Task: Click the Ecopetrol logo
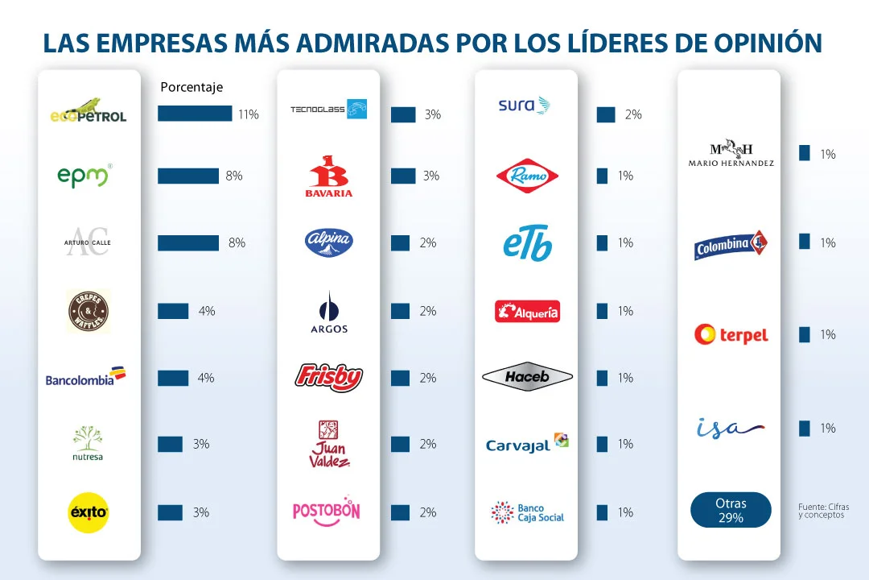[x=88, y=110]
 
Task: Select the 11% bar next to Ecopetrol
[x=195, y=114]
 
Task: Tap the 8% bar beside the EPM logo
[x=188, y=176]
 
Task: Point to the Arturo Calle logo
[x=87, y=242]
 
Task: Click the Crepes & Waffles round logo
[x=88, y=311]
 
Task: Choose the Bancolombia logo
[x=86, y=377]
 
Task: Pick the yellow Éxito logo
[x=88, y=512]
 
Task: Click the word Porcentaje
[x=192, y=87]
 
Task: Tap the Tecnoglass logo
[x=328, y=109]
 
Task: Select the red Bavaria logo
[x=328, y=176]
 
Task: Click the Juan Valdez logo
[x=328, y=444]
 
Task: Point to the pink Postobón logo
[x=326, y=512]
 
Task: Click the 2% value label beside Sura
[x=633, y=115]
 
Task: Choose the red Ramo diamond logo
[x=527, y=176]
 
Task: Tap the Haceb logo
[x=527, y=377]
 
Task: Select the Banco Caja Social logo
[x=527, y=512]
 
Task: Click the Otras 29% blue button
[x=731, y=511]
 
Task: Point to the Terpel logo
[x=731, y=334]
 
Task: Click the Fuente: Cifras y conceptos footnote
[x=823, y=511]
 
